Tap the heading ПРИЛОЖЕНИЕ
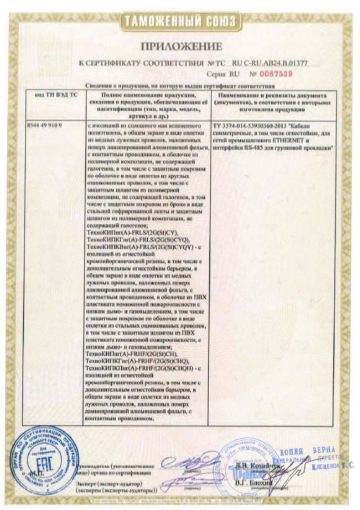tap(181, 46)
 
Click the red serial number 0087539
tap(277, 74)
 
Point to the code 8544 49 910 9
tap(45, 125)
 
